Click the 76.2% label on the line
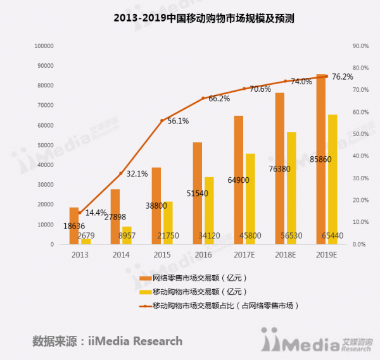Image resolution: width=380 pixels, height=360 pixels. (x=342, y=77)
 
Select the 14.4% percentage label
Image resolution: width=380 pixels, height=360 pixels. (x=96, y=213)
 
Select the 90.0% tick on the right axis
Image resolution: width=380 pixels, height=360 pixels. (x=360, y=46)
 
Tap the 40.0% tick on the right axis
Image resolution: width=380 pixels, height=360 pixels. (x=360, y=156)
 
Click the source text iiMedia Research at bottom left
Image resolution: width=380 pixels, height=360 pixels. (x=107, y=342)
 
